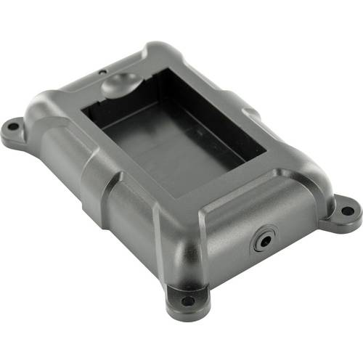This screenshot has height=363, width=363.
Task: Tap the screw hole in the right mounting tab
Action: coord(347,211)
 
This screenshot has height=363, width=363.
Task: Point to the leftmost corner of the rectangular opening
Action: coord(82,108)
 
